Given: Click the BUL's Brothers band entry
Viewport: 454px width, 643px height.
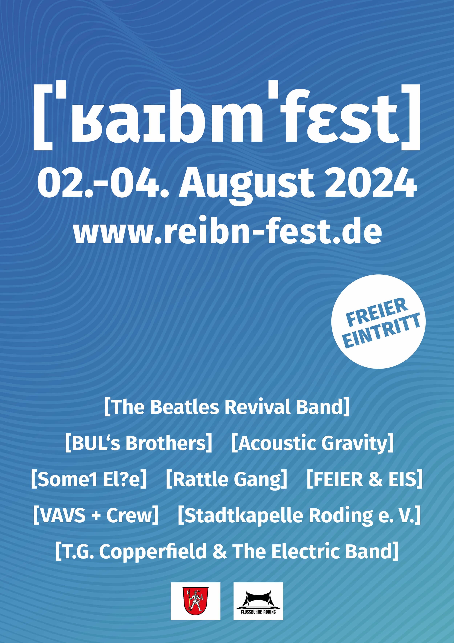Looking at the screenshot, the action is pyautogui.click(x=139, y=443).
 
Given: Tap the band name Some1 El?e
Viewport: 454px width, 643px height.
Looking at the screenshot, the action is pyautogui.click(x=89, y=479).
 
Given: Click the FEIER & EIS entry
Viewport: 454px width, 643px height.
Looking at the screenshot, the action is pyautogui.click(x=365, y=479).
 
